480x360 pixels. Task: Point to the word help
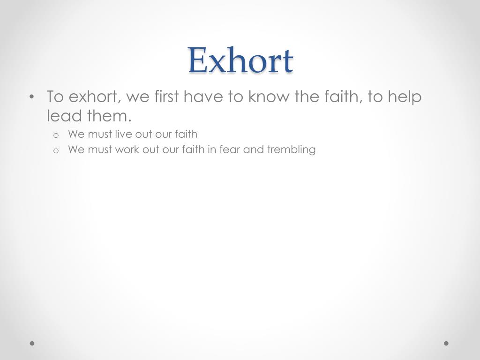pyautogui.click(x=405, y=97)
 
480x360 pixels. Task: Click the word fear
pyautogui.click(x=230, y=150)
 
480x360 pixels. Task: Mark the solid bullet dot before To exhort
pyautogui.click(x=31, y=97)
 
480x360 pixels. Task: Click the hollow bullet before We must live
pyautogui.click(x=55, y=135)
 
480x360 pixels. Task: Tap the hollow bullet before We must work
pyautogui.click(x=55, y=150)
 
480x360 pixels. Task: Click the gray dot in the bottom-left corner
pyautogui.click(x=32, y=343)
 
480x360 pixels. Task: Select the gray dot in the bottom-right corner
pyautogui.click(x=446, y=343)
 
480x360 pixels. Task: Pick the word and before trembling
pyautogui.click(x=254, y=150)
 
